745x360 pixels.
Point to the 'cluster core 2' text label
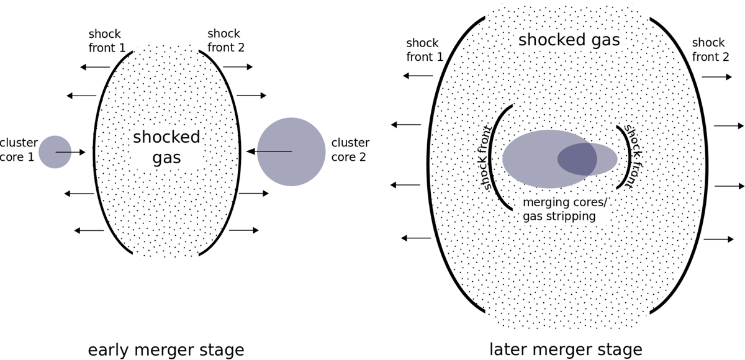(350, 150)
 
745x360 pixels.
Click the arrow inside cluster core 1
(70, 152)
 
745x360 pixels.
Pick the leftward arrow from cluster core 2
(269, 151)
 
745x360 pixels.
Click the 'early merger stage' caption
(166, 349)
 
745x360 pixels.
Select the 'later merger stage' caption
(566, 349)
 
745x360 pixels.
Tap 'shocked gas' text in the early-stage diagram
(166, 147)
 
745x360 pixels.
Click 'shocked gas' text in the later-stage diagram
(569, 40)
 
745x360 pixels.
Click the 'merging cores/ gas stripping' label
(559, 209)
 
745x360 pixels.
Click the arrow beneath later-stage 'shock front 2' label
(717, 76)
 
